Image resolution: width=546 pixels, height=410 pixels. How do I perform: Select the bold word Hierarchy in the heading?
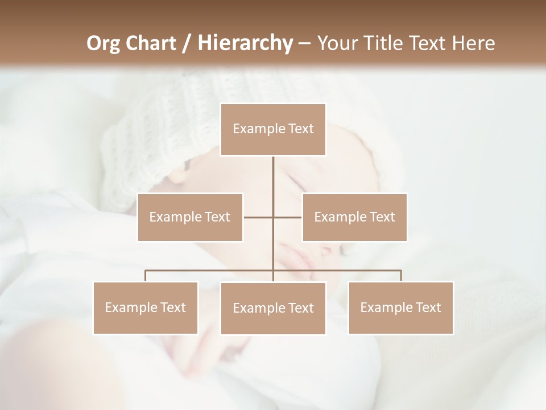[245, 43]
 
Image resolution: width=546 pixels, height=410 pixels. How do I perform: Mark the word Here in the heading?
[473, 43]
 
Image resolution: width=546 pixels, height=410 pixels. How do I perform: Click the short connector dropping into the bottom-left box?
[146, 276]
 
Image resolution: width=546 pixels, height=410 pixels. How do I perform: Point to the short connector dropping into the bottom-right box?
[401, 276]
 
